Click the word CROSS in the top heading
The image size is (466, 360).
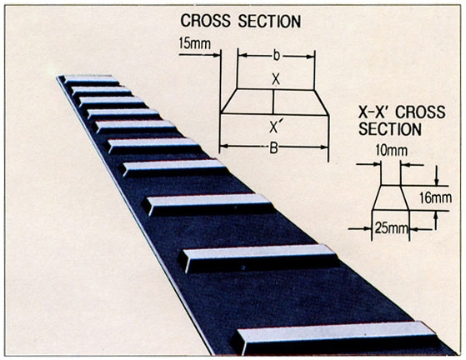(x=206, y=21)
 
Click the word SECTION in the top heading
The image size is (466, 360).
(x=269, y=22)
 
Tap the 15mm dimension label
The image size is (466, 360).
(x=195, y=43)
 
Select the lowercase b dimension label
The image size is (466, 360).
(x=277, y=56)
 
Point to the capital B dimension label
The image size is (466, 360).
(x=273, y=147)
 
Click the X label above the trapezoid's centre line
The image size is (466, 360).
(x=276, y=80)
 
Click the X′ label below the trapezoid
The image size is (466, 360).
(x=274, y=127)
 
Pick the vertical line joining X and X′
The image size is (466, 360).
(x=273, y=102)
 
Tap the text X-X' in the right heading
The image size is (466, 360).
(x=375, y=112)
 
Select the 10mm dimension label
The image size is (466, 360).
(x=392, y=150)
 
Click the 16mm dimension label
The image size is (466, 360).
(x=436, y=197)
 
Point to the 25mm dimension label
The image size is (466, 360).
(x=391, y=228)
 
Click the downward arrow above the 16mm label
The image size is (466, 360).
(x=436, y=176)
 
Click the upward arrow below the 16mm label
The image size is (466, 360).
(x=436, y=220)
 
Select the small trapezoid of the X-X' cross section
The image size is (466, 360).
(x=391, y=197)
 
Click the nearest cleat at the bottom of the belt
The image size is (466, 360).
(x=335, y=338)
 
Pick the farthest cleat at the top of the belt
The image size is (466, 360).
(x=91, y=80)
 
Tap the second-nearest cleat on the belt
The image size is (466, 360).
(x=258, y=258)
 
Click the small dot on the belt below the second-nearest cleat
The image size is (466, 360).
(x=243, y=267)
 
